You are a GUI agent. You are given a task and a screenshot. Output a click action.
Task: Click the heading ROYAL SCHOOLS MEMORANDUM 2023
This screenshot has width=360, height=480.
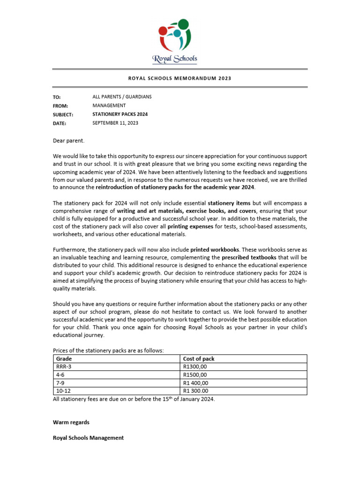pyautogui.click(x=180, y=79)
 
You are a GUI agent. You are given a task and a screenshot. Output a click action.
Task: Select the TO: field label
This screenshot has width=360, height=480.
pyautogui.click(x=57, y=97)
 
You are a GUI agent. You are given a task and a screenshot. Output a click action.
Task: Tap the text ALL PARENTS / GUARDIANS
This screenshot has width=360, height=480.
pyautogui.click(x=122, y=97)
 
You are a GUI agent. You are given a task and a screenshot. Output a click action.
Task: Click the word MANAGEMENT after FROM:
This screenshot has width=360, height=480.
pyautogui.click(x=109, y=105)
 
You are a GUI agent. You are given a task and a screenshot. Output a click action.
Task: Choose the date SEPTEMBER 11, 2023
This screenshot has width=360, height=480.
pyautogui.click(x=115, y=123)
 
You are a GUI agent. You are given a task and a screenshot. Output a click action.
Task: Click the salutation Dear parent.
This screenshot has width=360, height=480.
pyautogui.click(x=69, y=140)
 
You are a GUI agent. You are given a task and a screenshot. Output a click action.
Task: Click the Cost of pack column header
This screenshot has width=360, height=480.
pyautogui.click(x=199, y=359)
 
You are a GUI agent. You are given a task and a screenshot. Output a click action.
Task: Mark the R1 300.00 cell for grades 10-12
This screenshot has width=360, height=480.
pyautogui.click(x=196, y=390)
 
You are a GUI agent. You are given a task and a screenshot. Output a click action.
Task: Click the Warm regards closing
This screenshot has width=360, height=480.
pyautogui.click(x=71, y=422)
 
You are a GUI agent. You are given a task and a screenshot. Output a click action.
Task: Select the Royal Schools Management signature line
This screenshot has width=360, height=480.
pyautogui.click(x=88, y=438)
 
